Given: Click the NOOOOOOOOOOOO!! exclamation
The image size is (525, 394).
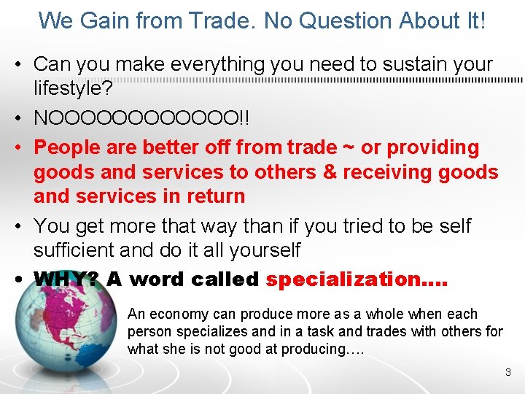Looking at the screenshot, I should point(141,118).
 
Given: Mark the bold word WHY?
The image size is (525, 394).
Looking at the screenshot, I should point(66,279).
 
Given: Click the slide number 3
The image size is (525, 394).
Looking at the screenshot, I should point(508,373).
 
